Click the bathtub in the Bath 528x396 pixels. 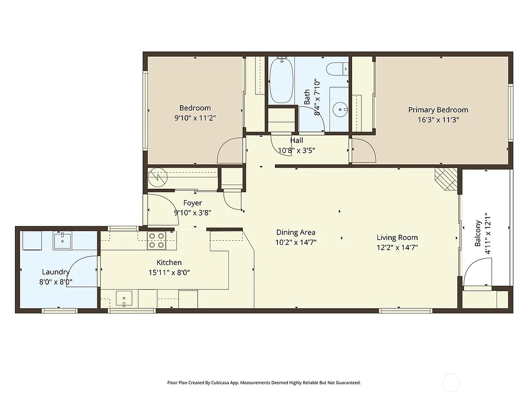[x=281, y=80]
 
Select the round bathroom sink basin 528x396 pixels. [x=339, y=109]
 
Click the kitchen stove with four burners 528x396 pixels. [x=156, y=240]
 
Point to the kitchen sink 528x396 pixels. [x=124, y=298]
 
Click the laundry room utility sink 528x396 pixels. [x=62, y=240]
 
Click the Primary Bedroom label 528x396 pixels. [x=438, y=110]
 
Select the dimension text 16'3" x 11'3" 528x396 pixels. [x=438, y=119]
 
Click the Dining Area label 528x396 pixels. [x=295, y=233]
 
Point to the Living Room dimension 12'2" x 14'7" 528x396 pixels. [x=397, y=247]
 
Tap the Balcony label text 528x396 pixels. [x=478, y=233]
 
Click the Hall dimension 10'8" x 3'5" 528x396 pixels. [x=296, y=151]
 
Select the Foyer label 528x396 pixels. [x=192, y=203]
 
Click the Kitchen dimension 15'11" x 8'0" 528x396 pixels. [x=169, y=272]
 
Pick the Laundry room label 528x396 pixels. [x=56, y=272]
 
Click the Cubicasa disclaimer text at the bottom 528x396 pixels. [x=263, y=383]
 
